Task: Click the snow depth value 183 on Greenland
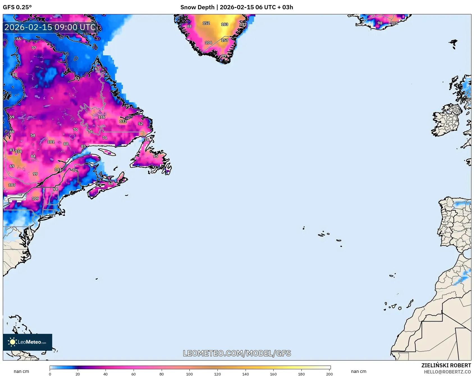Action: coord(225,24)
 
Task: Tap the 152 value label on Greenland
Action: coord(206,23)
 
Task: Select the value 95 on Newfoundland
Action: coord(155,156)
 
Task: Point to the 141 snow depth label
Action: coord(58,170)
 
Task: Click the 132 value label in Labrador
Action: coord(123,121)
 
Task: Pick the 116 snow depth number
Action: coord(102,117)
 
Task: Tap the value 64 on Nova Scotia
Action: coord(111,184)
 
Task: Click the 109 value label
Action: coord(35,199)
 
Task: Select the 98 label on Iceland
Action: coord(380,23)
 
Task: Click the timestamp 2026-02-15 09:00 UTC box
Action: coord(50,27)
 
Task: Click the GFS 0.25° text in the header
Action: coord(17,7)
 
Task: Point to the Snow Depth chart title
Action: coord(237,7)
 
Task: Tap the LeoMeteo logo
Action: coord(28,342)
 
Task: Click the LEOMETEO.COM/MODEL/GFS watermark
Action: coord(237,353)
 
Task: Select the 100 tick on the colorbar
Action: coord(189,374)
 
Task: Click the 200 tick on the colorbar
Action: coord(329,374)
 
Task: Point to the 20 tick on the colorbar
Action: coord(78,374)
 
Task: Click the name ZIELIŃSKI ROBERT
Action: coord(446,365)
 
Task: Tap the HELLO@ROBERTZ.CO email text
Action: coord(447,372)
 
